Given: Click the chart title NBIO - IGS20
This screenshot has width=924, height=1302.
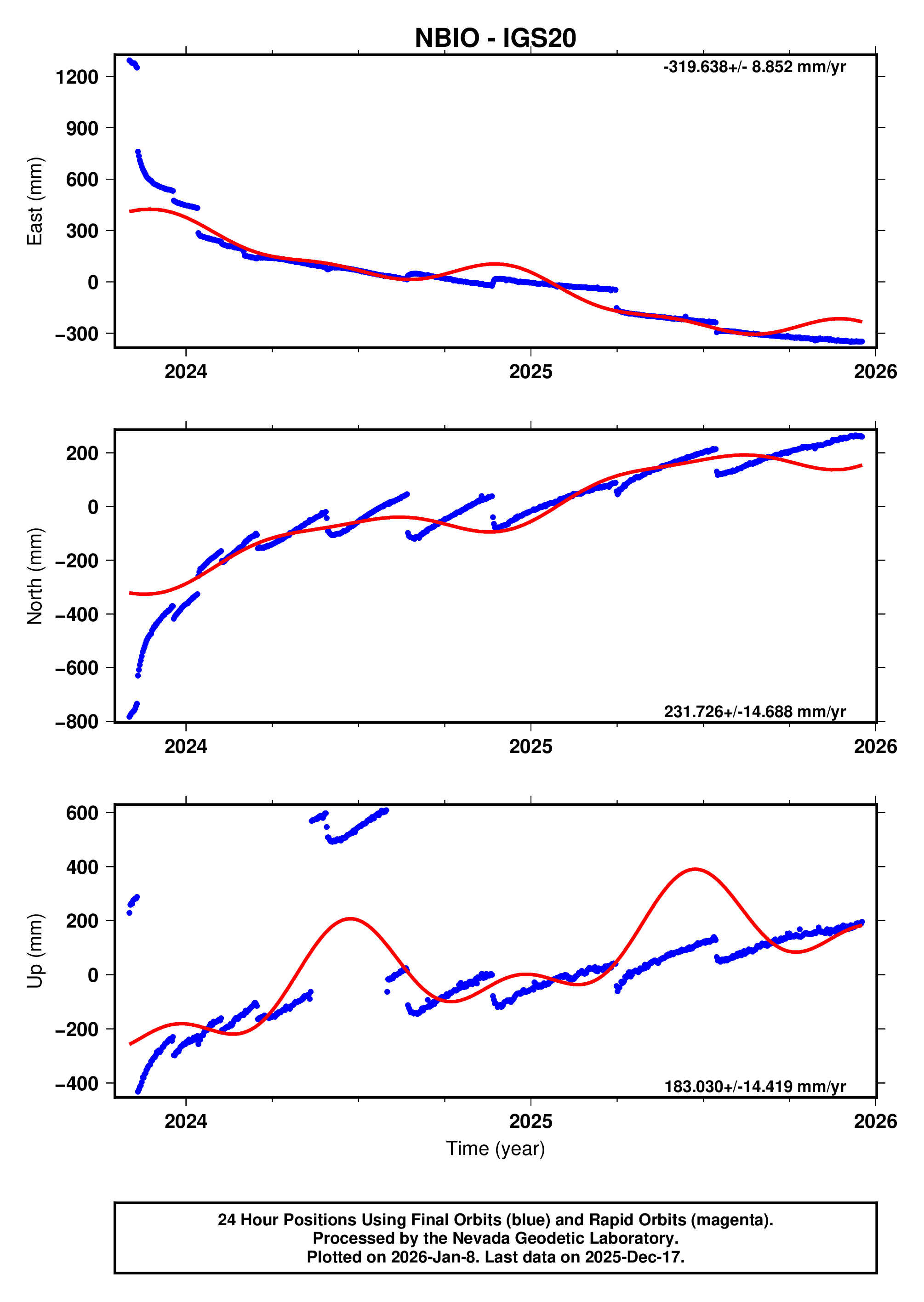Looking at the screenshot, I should (x=495, y=38).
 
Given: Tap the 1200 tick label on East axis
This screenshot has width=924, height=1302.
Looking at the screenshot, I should (x=77, y=77).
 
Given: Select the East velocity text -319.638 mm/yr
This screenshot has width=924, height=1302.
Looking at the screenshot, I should (x=754, y=67).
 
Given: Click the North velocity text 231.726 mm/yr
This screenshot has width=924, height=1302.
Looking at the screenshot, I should (x=754, y=711).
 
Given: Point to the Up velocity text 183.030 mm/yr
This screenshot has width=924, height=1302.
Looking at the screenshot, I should (x=754, y=1086).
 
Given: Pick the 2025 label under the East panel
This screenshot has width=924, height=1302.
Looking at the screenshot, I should (x=530, y=372).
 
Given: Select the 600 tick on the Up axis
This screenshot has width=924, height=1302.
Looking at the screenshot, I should (x=82, y=813).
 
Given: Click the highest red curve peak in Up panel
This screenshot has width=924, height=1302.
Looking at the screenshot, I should (x=695, y=869).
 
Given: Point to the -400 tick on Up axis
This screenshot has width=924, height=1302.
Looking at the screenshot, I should (x=77, y=1084).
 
